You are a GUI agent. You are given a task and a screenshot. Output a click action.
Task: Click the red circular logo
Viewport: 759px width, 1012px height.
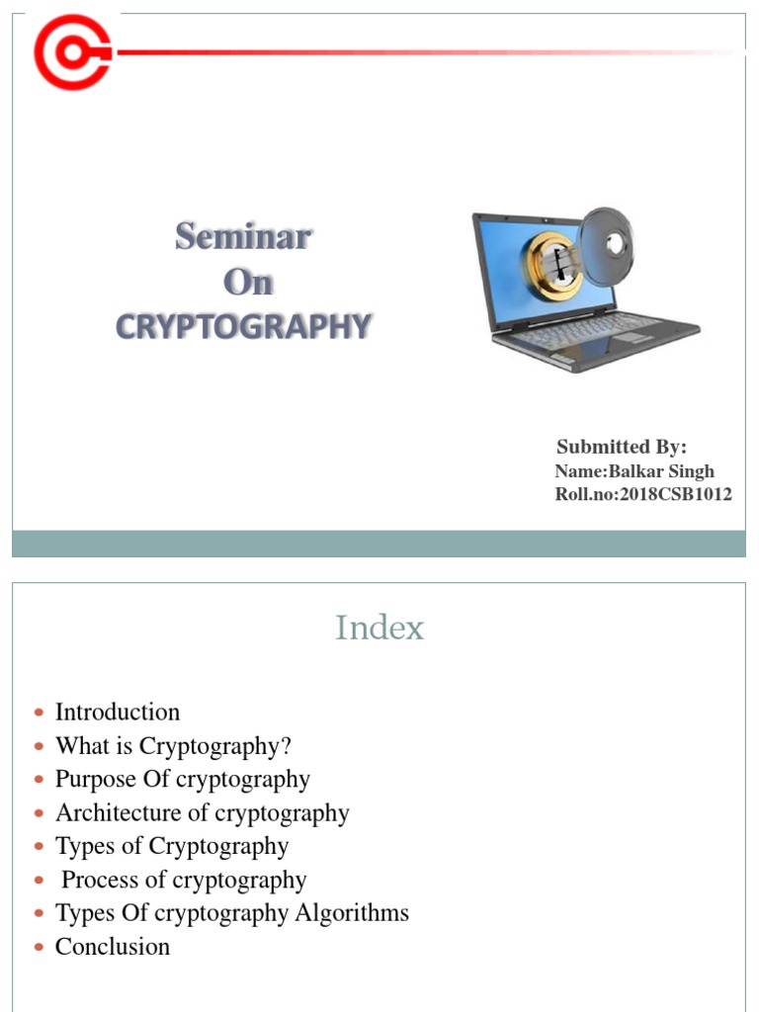coord(71,50)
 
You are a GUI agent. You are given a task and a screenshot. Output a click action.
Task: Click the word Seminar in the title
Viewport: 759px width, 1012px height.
coord(243,237)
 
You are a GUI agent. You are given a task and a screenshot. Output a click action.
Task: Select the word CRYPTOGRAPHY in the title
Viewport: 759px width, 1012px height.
coord(243,326)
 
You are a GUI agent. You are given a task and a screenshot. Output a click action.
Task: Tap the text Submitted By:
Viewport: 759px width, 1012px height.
coord(622,447)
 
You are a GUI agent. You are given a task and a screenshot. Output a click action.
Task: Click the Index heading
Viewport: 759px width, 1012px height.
coord(379,628)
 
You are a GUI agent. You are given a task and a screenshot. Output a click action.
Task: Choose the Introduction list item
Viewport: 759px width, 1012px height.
coord(118,713)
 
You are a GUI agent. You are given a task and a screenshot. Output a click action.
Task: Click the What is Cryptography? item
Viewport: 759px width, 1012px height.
coord(173,746)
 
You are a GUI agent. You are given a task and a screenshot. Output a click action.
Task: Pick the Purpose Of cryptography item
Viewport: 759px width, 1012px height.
coord(183,780)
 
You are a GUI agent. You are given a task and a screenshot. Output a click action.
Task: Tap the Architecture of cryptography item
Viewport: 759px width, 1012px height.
coord(203,813)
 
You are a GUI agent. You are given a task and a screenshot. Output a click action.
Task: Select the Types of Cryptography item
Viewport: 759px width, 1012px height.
coord(172,847)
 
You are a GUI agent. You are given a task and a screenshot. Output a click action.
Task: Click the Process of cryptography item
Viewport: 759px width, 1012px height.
coord(184,881)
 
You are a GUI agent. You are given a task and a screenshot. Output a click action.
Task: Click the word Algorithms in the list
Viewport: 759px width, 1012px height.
coord(352,913)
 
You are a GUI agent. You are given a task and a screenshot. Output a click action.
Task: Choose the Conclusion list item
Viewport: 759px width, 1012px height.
coord(113,947)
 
